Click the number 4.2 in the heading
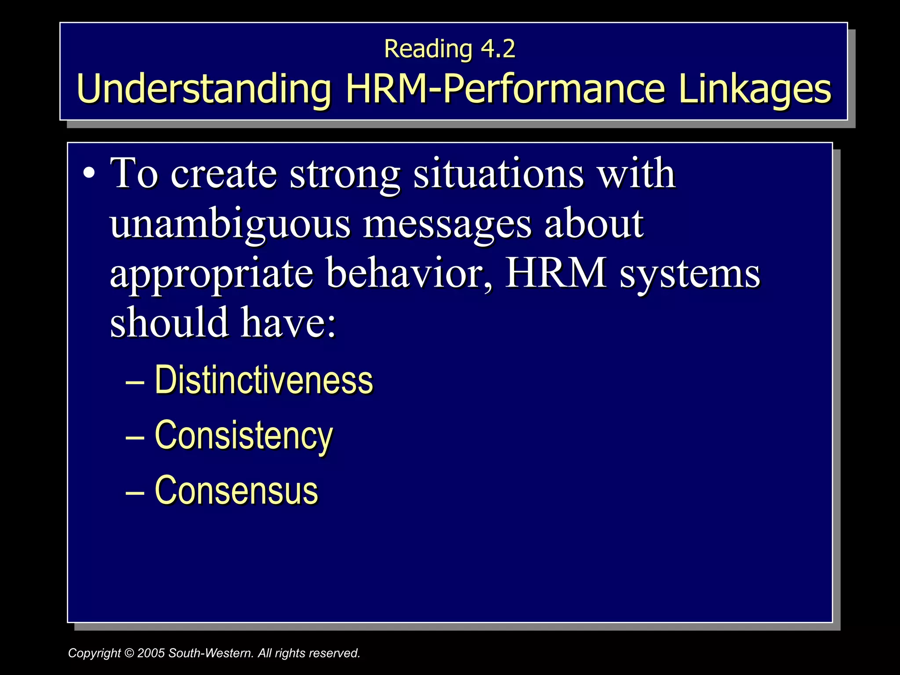497,49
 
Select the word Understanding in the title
203,89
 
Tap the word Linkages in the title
755,89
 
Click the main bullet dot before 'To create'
89,174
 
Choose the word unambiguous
230,224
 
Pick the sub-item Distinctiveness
264,380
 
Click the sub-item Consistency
244,436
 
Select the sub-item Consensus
236,490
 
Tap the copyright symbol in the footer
129,653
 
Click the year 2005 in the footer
151,653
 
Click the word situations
499,174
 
